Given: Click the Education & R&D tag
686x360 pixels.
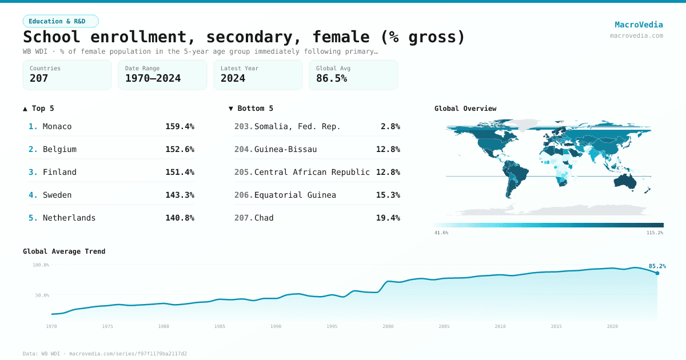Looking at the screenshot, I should [61, 21].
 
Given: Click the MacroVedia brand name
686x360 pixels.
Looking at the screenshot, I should [639, 25].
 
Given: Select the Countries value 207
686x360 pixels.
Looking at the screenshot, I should [39, 78].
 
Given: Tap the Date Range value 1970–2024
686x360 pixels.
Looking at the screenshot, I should [153, 78].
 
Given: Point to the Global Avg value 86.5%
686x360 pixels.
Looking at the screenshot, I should [332, 78].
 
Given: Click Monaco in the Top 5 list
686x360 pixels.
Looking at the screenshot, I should [57, 126].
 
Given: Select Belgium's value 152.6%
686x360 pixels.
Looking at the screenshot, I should [180, 149].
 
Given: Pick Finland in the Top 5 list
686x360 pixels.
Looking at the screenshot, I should [59, 172].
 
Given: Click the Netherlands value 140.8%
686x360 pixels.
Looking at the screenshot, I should [180, 218].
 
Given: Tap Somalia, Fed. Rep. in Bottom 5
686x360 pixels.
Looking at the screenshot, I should [297, 126].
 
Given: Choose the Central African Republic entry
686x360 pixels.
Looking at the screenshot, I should [312, 172].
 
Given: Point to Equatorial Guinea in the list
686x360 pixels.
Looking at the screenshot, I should [295, 195].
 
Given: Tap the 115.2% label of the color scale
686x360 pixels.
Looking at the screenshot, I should [655, 233].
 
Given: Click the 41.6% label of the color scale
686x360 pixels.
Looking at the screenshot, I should [441, 233].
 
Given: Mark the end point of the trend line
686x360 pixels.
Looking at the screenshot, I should [657, 273].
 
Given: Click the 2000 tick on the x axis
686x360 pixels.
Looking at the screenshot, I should [388, 326].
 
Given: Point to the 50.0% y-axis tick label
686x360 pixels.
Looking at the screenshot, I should [41, 295].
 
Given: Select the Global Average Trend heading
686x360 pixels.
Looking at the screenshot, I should [64, 251].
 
